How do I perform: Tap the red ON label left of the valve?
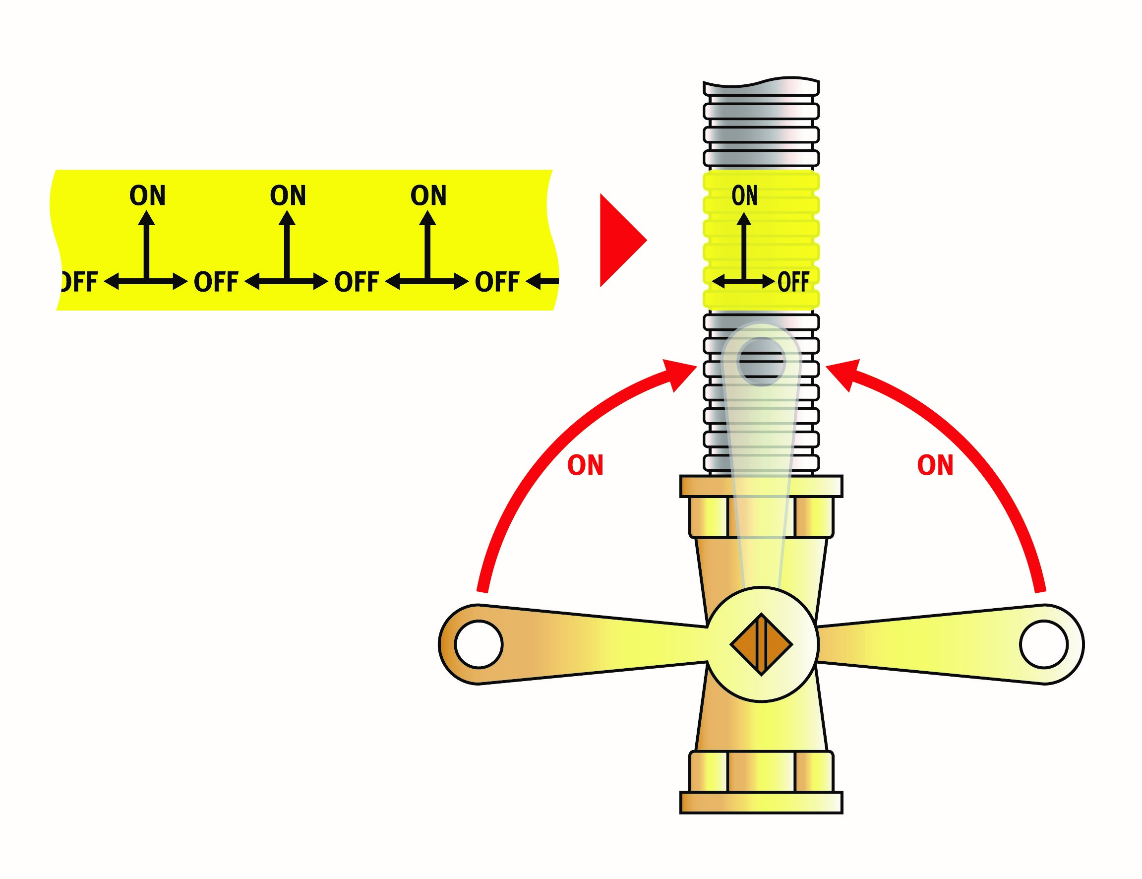(x=585, y=465)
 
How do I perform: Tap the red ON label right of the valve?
(x=935, y=465)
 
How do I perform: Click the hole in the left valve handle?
(x=479, y=644)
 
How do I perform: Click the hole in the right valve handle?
(x=1044, y=644)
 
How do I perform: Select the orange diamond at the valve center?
(x=761, y=644)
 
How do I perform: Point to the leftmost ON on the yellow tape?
(x=147, y=195)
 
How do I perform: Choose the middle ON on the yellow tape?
(x=288, y=195)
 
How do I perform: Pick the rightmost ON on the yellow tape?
(x=428, y=195)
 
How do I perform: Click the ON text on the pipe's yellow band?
(x=744, y=195)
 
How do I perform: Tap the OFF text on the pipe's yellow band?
(x=793, y=282)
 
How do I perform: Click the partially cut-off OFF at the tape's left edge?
(x=78, y=282)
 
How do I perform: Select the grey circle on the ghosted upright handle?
(x=761, y=362)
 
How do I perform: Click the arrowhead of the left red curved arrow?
(x=679, y=373)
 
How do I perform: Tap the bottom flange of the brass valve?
(x=761, y=803)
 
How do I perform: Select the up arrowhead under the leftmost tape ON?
(x=146, y=218)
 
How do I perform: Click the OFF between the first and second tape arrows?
(x=216, y=282)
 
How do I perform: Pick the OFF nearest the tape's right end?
(x=497, y=282)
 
